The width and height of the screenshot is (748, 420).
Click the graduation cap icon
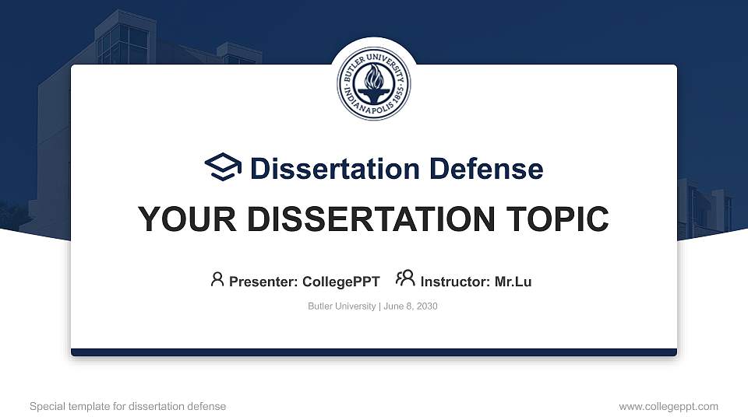tap(224, 168)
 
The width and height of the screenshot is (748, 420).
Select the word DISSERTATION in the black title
tap(362, 219)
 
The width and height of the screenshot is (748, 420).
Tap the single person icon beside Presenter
tap(217, 279)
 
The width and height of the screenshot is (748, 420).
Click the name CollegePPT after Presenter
tap(341, 282)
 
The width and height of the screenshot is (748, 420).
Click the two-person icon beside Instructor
tap(405, 279)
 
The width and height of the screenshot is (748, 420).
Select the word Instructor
tap(455, 282)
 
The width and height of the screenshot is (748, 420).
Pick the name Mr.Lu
tap(513, 282)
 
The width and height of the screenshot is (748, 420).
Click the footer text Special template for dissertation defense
tap(128, 406)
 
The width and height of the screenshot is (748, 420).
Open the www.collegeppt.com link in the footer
tap(669, 406)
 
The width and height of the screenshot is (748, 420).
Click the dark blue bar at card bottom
tap(374, 352)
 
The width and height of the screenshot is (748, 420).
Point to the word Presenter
tap(263, 282)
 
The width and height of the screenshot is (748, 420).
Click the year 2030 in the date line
tap(426, 306)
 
